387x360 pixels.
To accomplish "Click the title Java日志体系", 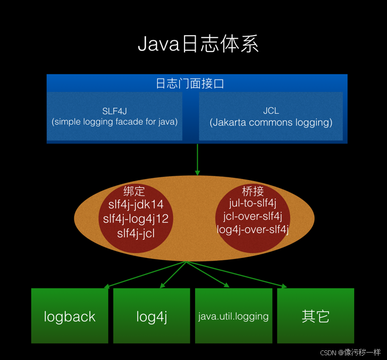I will point(198,44).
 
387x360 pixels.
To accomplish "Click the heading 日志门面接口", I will point(197,84).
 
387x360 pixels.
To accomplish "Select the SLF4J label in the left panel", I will point(114,111).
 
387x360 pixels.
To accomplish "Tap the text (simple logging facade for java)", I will point(114,122).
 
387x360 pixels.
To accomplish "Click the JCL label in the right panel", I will point(271,111).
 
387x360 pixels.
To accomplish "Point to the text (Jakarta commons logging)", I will point(271,122).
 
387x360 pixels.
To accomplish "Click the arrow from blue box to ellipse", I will point(197,159).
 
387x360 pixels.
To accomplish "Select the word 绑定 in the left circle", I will point(134,192).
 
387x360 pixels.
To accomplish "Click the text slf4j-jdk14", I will point(136,205).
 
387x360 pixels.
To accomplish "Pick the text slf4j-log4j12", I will point(136,219).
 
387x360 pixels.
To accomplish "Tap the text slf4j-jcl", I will point(136,233).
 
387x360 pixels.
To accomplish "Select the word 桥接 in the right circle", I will point(253,191).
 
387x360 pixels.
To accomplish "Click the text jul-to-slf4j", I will point(253,203).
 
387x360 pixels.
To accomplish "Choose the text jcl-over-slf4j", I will point(253,216).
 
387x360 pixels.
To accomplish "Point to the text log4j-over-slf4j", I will point(253,229).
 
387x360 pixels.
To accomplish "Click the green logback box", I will point(69,316).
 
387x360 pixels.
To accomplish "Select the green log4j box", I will point(152,316).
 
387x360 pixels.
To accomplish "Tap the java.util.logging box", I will point(233,316).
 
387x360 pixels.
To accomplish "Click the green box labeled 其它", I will point(315,316).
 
